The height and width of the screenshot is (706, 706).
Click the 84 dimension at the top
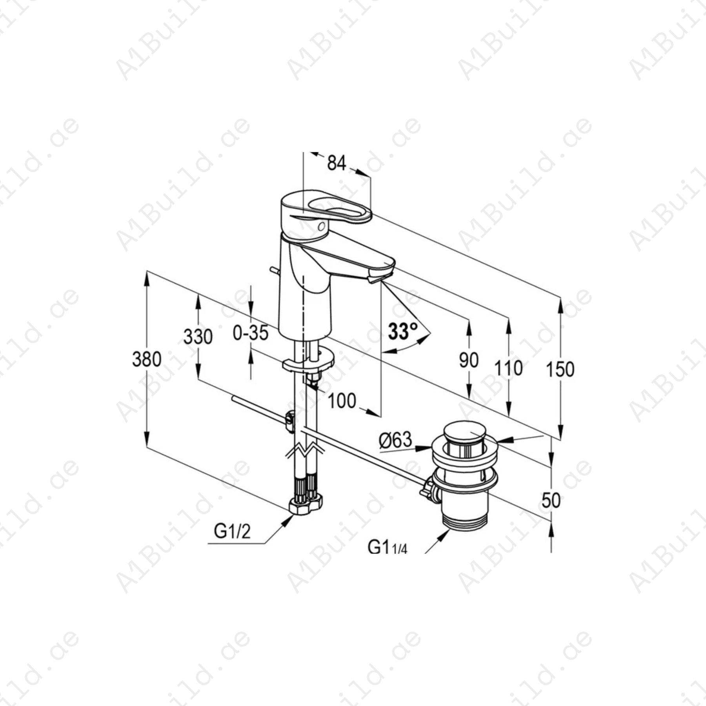coord(337,163)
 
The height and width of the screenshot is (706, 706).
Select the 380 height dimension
coord(147,359)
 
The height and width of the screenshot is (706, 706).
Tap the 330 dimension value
coord(198,337)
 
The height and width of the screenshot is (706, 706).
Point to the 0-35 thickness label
coord(250,333)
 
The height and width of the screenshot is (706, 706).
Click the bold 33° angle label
coord(403,331)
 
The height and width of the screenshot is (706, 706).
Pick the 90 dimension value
coord(469,360)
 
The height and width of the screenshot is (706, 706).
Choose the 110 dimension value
coord(508,368)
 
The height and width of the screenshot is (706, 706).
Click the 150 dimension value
coord(560,369)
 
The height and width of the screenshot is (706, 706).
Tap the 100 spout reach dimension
coord(342,401)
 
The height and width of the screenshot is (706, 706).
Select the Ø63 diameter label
coord(396,440)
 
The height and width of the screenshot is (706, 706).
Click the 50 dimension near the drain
coord(551,500)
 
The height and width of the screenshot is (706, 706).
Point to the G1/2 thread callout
coord(232,531)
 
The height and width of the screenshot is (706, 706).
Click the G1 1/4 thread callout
coord(387,547)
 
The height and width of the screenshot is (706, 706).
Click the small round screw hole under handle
coord(322,226)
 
